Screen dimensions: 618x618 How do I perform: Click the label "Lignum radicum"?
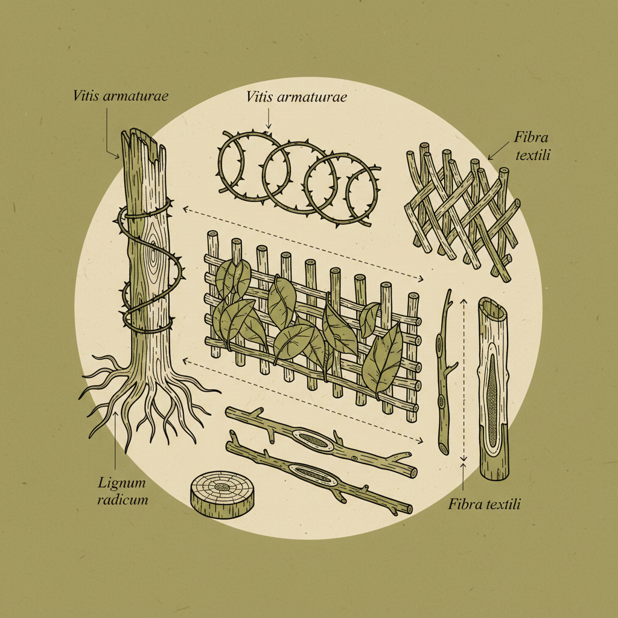tap(123, 491)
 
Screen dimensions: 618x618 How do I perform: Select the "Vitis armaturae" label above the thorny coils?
tap(296, 97)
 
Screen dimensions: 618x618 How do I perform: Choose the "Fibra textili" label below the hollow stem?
tap(484, 504)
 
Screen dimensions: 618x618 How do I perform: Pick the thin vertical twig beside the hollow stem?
tap(447, 374)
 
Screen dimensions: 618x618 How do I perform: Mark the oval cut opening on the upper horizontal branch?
tap(311, 441)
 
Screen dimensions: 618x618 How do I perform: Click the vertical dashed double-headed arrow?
tap(463, 380)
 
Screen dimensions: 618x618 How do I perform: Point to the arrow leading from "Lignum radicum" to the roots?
tap(115, 441)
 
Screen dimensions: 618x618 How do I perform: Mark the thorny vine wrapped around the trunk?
tap(151, 272)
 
